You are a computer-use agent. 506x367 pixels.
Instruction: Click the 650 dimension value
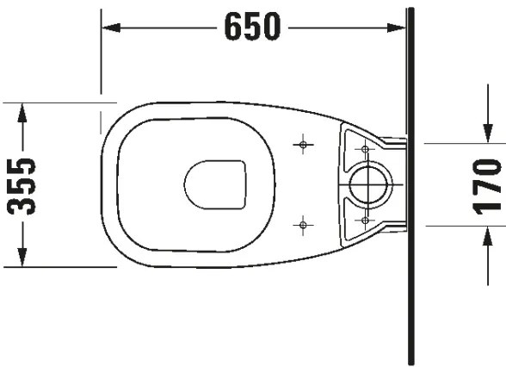point(252,28)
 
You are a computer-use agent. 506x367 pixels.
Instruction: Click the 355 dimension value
point(24,184)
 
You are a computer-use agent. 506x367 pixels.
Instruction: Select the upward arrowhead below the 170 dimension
point(488,233)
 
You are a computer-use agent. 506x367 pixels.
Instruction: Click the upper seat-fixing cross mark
point(301,144)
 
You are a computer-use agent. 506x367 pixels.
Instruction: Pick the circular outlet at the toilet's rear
point(371,183)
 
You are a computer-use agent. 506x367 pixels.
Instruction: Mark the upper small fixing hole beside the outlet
point(365,149)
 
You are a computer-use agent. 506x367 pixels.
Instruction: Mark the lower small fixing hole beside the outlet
point(365,220)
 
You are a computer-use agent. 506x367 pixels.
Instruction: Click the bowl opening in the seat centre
point(216,184)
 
